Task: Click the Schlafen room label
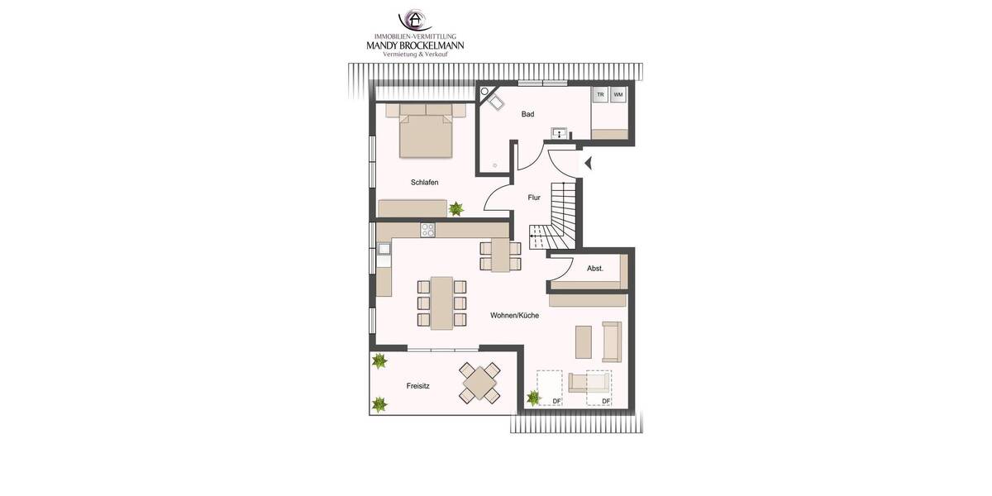click(x=423, y=182)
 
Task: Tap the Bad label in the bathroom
click(x=527, y=114)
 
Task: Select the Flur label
click(x=534, y=198)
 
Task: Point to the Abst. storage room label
click(x=594, y=268)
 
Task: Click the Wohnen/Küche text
click(x=515, y=316)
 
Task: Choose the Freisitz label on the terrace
click(x=417, y=386)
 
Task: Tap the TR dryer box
click(x=600, y=95)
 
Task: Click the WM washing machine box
click(x=618, y=95)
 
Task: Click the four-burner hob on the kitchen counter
click(x=428, y=230)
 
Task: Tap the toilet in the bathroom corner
click(x=497, y=102)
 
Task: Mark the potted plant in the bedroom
click(x=455, y=208)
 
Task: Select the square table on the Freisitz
click(x=479, y=383)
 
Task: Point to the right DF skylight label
click(x=606, y=401)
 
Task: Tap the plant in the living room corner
click(x=533, y=398)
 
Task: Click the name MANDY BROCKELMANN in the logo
click(x=415, y=45)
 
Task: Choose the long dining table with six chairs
click(x=442, y=303)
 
